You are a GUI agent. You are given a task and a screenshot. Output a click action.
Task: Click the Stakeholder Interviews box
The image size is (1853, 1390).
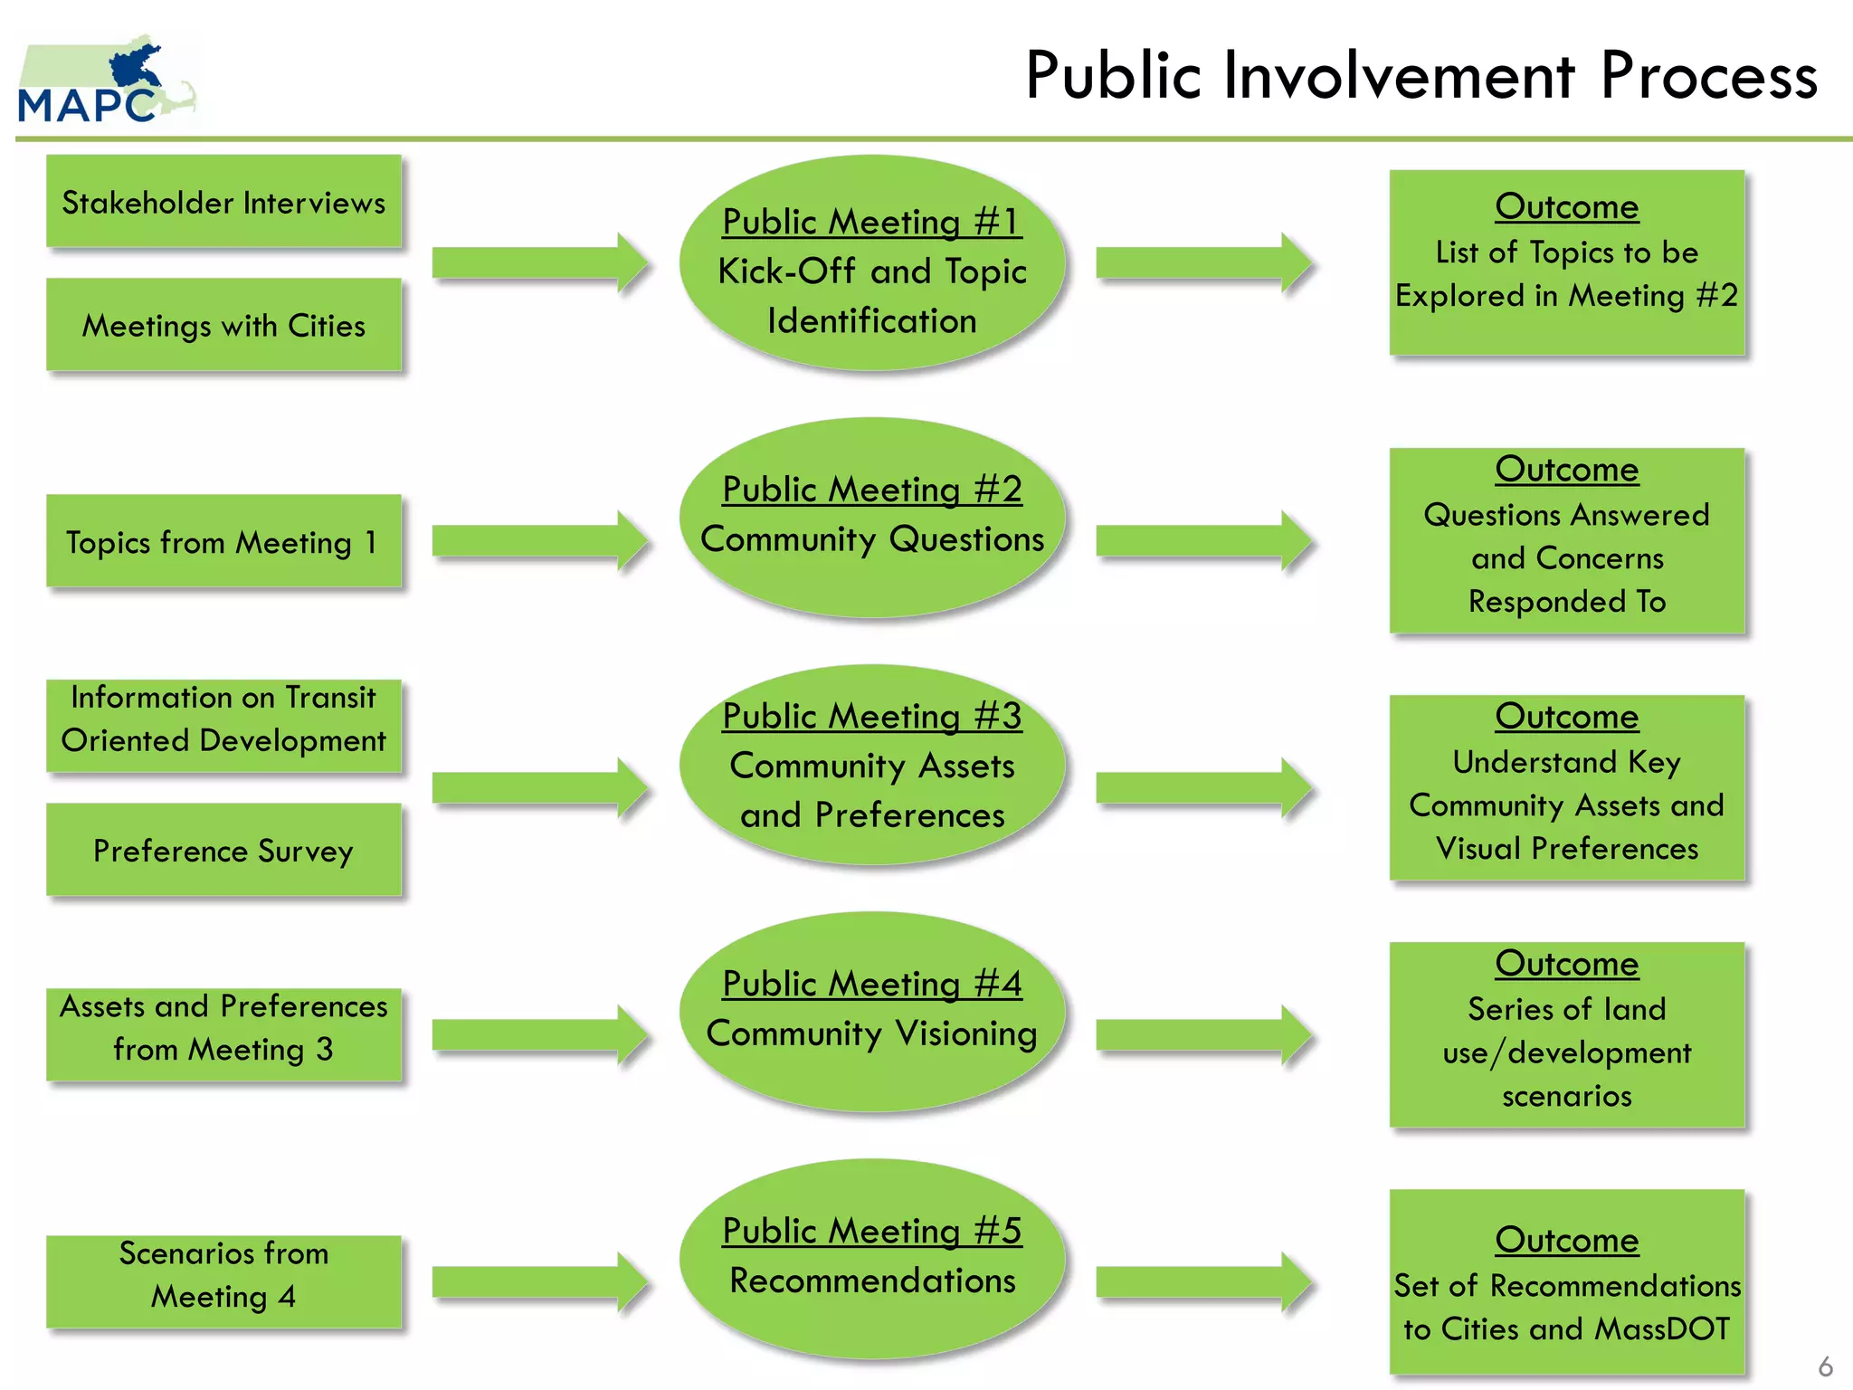tap(223, 202)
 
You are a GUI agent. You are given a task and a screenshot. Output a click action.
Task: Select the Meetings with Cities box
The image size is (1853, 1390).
tap(223, 325)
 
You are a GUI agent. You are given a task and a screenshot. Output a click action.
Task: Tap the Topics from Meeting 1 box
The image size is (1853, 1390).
tap(223, 541)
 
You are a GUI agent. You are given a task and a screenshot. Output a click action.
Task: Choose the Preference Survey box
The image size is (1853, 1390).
tap(223, 850)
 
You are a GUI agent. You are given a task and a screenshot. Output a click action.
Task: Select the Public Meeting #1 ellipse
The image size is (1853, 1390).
tap(872, 263)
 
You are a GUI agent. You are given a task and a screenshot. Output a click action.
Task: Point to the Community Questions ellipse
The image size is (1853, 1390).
tap(872, 518)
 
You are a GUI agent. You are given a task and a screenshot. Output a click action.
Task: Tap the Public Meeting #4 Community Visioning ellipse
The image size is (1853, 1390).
tap(872, 1012)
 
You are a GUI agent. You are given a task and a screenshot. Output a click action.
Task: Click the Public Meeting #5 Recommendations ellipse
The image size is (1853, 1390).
tap(872, 1259)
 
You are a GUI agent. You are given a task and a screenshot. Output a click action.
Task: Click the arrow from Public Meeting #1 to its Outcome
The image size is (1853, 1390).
tap(1204, 263)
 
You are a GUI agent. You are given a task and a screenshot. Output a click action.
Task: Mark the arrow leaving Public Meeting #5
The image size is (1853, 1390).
tap(1204, 1282)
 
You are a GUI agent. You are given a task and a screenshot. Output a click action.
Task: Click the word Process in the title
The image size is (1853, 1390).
tap(1708, 75)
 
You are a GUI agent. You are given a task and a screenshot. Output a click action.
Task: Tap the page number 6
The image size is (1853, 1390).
tap(1825, 1366)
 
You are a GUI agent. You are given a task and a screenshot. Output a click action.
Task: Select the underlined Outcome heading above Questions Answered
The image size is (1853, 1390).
tap(1566, 470)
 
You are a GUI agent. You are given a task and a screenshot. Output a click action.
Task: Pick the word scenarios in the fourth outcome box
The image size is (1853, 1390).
tap(1566, 1096)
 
